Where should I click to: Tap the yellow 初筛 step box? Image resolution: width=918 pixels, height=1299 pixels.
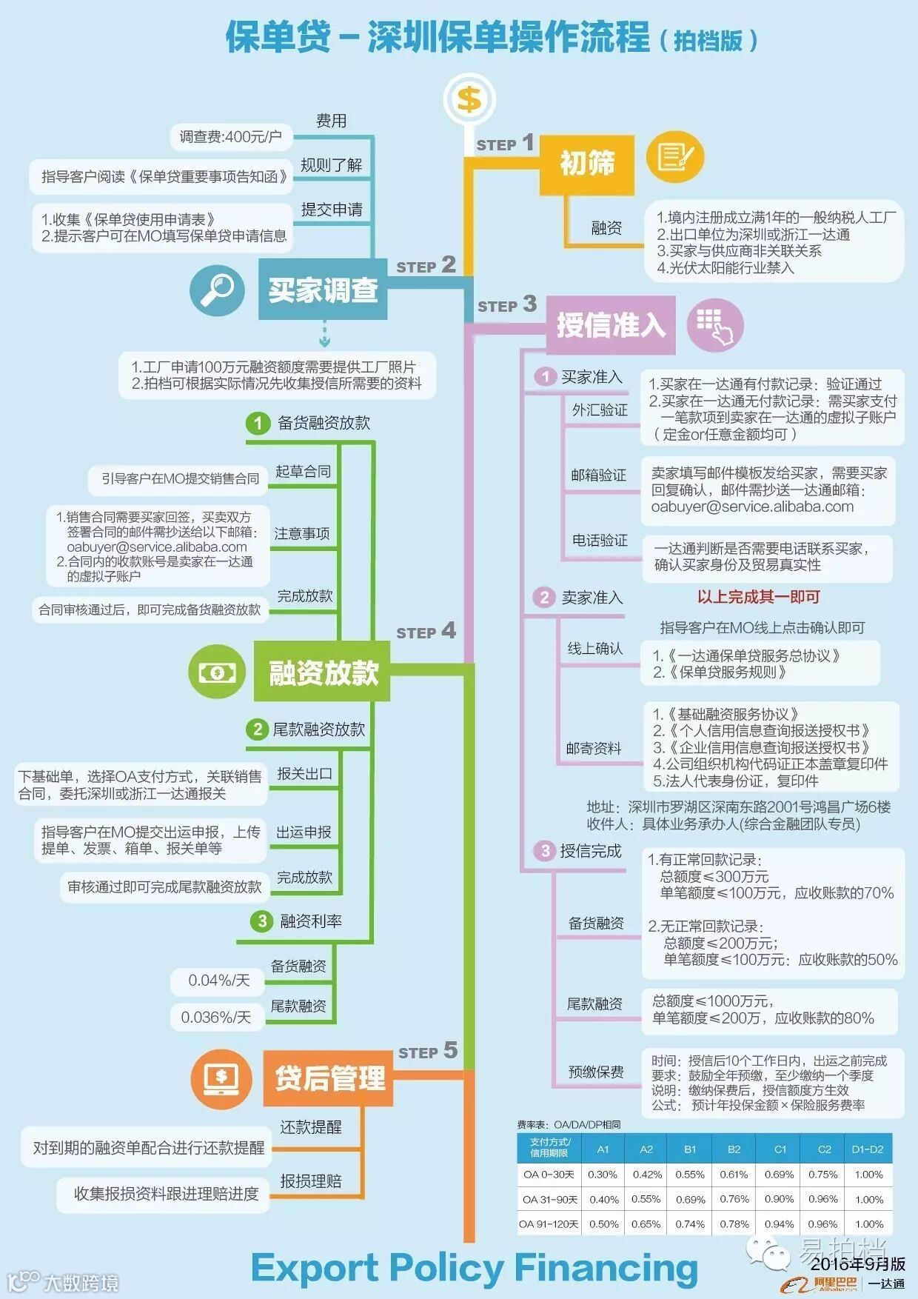click(x=586, y=164)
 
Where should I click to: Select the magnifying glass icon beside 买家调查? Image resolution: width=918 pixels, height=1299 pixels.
click(x=216, y=290)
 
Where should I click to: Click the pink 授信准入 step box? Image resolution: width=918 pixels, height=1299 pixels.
click(x=610, y=325)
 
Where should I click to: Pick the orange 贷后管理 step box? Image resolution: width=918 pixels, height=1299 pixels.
click(x=329, y=1078)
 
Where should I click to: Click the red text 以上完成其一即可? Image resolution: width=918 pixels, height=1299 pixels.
click(x=759, y=597)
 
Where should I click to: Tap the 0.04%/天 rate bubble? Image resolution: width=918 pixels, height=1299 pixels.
click(x=218, y=981)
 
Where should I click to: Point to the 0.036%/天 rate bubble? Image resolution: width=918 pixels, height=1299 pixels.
click(x=216, y=1018)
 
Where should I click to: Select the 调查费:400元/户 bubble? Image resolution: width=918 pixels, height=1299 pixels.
click(x=230, y=136)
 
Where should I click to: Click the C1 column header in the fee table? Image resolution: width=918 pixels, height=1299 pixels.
click(x=780, y=1149)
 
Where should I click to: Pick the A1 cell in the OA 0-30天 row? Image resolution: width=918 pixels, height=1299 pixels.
click(x=603, y=1175)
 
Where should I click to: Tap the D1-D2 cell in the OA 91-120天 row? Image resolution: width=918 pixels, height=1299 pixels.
click(x=868, y=1224)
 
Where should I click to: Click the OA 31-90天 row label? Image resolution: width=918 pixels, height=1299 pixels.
click(x=549, y=1200)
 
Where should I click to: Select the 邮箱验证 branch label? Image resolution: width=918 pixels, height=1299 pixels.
click(x=598, y=475)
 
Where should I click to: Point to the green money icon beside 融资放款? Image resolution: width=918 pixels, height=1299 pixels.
click(x=216, y=672)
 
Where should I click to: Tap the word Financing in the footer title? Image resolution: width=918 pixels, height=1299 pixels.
click(x=606, y=1268)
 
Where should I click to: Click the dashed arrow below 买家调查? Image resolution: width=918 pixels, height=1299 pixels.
click(x=324, y=335)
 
